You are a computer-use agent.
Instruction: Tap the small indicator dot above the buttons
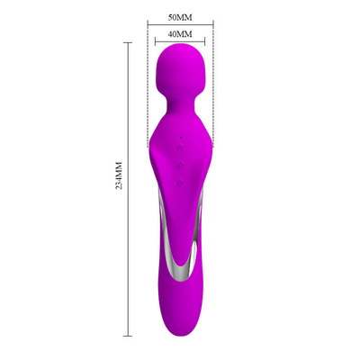click(181, 136)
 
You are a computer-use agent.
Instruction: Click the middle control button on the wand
click(181, 165)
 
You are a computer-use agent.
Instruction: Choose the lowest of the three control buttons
click(181, 181)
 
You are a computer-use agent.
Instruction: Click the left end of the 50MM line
click(148, 25)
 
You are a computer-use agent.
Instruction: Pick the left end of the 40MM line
click(157, 42)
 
